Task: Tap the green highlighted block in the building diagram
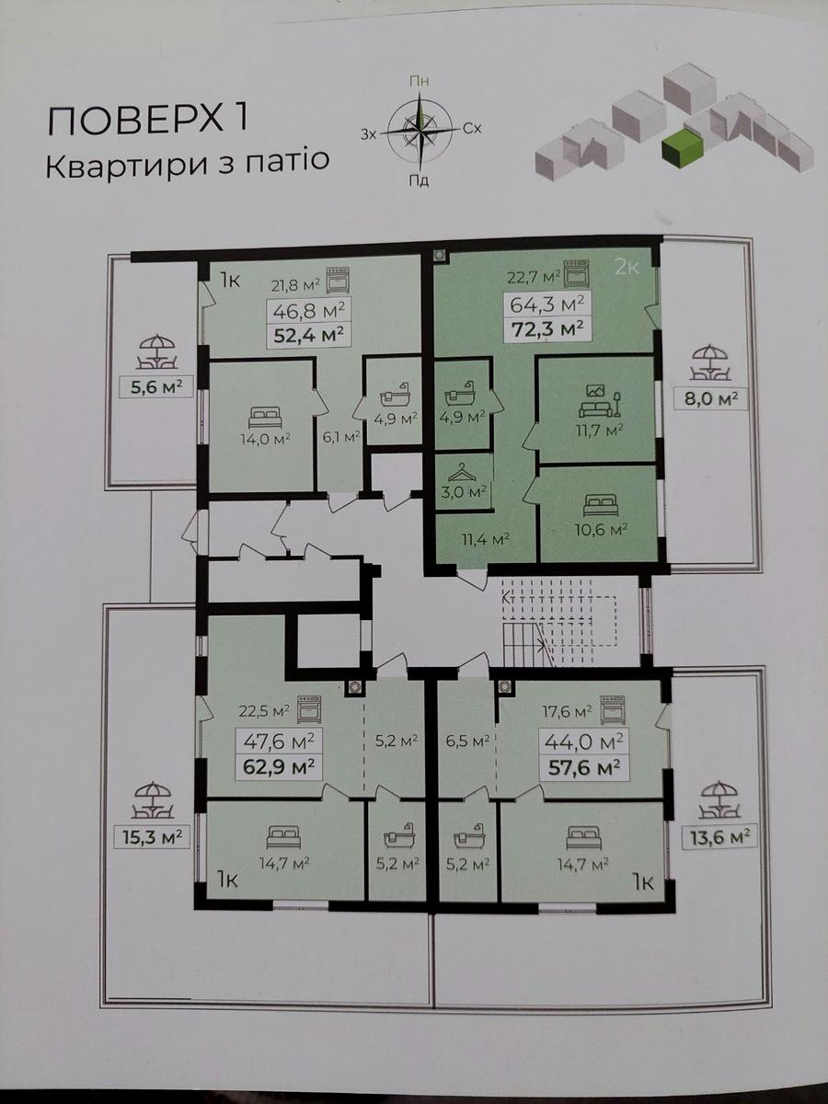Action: click(x=682, y=145)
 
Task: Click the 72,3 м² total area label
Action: click(x=547, y=329)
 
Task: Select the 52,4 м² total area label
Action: click(x=309, y=334)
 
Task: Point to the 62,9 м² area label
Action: click(x=279, y=767)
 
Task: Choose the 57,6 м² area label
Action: click(x=583, y=768)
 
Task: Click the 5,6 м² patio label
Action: click(x=155, y=388)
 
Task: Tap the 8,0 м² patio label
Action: click(x=710, y=399)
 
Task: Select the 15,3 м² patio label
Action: click(x=152, y=837)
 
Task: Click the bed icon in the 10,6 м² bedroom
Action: click(x=600, y=504)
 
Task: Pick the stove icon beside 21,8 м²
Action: click(x=338, y=280)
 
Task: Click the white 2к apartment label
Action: click(x=627, y=268)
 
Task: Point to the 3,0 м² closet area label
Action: click(x=464, y=492)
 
